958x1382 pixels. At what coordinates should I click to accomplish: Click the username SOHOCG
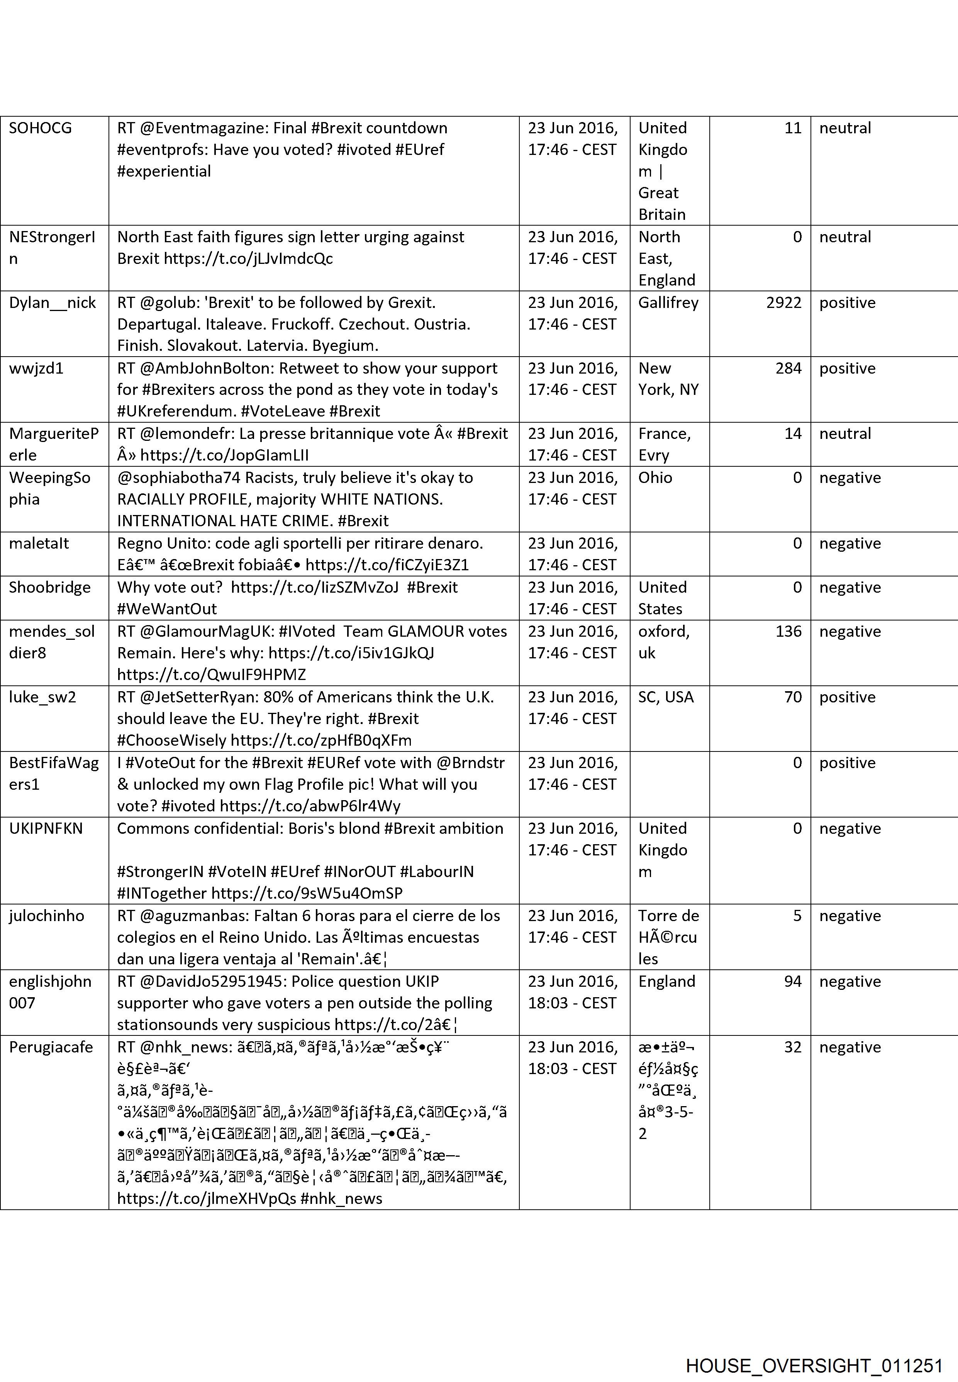point(40,128)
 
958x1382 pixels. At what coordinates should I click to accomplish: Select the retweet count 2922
point(783,302)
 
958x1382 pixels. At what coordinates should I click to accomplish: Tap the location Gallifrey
point(668,302)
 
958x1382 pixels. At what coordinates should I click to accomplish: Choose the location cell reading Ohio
point(655,478)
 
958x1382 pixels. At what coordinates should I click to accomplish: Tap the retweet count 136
point(788,631)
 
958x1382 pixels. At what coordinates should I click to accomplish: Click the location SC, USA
point(666,697)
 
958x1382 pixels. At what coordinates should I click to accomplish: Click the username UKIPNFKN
point(46,828)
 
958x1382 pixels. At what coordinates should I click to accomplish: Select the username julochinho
point(46,915)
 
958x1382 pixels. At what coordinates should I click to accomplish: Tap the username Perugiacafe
point(51,1047)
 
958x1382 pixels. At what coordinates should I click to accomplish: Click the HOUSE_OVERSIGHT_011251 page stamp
point(814,1348)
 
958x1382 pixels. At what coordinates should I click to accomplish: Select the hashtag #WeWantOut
point(167,609)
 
